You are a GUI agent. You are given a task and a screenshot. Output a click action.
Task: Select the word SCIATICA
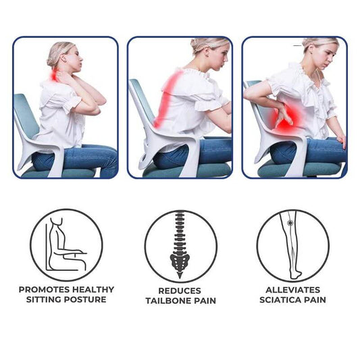[280, 300]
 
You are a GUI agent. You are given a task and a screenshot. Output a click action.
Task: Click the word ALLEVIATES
[292, 290]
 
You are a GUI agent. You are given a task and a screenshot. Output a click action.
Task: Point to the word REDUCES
[180, 291]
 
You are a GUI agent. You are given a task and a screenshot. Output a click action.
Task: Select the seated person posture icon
[66, 245]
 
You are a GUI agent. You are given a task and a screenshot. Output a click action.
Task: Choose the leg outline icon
[290, 245]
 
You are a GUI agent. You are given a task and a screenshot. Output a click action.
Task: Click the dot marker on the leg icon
[290, 223]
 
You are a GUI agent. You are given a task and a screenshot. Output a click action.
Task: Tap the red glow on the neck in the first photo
[55, 75]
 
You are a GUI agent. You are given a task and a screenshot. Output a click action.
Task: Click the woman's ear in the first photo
[63, 60]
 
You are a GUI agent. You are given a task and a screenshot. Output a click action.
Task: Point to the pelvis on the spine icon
[180, 262]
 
